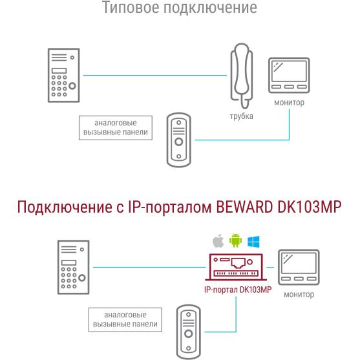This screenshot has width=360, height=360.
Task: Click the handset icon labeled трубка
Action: (242, 76)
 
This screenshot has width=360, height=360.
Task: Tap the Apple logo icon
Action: (218, 241)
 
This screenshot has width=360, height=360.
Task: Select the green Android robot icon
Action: (235, 240)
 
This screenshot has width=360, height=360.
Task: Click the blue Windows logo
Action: (253, 242)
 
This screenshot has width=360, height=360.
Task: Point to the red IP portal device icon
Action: (236, 267)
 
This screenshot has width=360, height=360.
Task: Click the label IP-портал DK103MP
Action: (238, 290)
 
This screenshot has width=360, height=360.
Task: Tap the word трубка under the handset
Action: (242, 116)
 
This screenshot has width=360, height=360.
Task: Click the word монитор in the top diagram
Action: (290, 102)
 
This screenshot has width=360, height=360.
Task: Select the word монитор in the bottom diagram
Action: (299, 294)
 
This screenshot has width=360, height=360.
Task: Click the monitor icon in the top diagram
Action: (289, 76)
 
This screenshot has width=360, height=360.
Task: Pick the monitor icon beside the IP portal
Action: (299, 267)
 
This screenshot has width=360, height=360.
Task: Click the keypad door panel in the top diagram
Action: (63, 75)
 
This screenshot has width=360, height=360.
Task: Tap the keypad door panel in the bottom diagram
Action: (73, 267)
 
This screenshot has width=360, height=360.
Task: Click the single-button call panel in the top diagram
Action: (178, 140)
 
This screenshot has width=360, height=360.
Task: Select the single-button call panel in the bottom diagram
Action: (188, 332)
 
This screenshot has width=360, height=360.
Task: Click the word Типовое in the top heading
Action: (131, 7)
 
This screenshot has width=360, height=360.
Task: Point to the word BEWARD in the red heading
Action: (244, 207)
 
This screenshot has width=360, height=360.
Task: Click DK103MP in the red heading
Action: (310, 207)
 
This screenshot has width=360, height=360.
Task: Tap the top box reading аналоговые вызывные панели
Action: (116, 128)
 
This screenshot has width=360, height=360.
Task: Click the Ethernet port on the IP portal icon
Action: (238, 263)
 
